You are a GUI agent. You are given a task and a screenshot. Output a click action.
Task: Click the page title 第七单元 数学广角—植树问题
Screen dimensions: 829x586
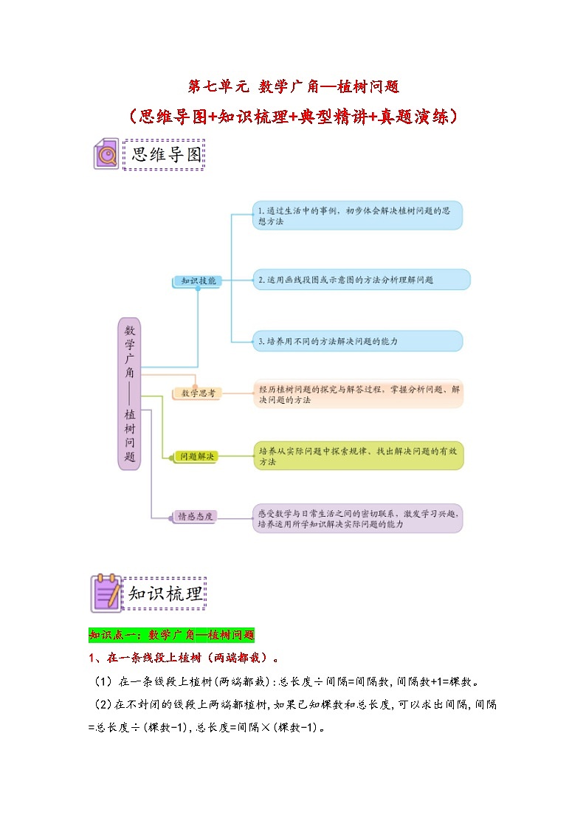[293, 87]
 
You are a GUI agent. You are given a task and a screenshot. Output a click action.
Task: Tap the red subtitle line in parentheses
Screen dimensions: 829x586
[293, 117]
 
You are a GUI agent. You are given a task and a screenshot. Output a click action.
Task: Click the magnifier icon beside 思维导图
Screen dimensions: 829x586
[106, 154]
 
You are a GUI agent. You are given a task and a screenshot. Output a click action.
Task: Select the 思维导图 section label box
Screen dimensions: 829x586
[164, 154]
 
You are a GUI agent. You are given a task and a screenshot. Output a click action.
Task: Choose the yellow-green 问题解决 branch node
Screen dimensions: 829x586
[197, 457]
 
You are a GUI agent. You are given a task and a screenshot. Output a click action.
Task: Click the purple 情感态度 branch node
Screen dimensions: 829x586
[193, 517]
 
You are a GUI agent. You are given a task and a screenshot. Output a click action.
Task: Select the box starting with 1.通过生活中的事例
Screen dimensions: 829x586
[357, 216]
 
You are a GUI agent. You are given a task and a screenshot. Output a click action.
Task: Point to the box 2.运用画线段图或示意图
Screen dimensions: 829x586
[361, 280]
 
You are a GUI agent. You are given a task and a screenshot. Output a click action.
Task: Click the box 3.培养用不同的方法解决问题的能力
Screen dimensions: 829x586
[357, 341]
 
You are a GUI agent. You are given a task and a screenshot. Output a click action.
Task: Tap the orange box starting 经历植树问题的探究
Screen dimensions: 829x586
[358, 393]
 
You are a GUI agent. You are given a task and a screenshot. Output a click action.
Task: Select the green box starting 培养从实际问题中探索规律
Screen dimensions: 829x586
[358, 456]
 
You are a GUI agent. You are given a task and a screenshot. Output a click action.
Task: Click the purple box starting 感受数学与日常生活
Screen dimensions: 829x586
[358, 517]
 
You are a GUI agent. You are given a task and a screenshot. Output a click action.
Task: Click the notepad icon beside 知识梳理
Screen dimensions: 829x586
[105, 593]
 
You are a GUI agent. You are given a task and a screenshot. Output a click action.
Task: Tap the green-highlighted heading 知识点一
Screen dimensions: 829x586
[171, 634]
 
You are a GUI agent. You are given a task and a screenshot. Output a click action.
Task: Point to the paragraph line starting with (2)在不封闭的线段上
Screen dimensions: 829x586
[294, 705]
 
